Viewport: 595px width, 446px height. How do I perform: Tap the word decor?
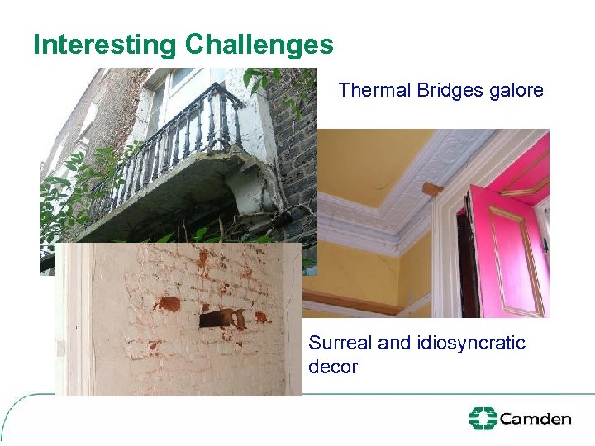pos(332,366)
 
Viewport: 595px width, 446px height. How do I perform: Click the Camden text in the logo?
pos(535,419)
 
